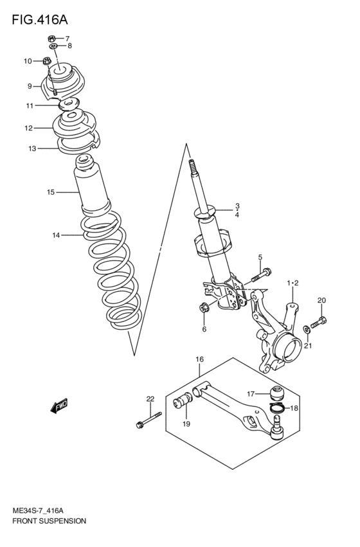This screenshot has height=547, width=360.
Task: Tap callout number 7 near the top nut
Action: (x=67, y=39)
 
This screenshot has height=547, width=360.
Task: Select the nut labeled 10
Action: (x=47, y=61)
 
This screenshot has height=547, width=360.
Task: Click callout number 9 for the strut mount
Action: (x=29, y=86)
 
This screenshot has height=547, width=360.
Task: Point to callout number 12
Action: (x=28, y=128)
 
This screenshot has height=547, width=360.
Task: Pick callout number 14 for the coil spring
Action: (x=56, y=235)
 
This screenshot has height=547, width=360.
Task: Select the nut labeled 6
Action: (x=203, y=309)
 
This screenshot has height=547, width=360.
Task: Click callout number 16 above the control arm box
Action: (x=199, y=359)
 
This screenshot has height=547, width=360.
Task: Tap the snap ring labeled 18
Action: (x=277, y=408)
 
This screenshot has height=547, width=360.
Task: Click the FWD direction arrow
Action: (x=60, y=406)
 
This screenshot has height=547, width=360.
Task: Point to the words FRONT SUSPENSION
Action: (x=49, y=521)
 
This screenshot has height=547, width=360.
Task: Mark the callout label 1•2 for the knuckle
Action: (x=292, y=282)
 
